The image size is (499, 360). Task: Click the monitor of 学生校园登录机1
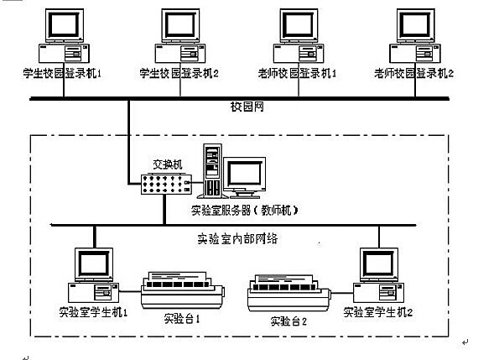pos(65,25)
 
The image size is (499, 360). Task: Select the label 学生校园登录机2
pos(179,74)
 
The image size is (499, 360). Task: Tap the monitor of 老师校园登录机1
pos(299,25)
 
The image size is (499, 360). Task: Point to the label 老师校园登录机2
pos(413,74)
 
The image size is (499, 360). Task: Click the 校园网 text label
pos(247,107)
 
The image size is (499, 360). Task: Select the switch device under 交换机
pos(166,185)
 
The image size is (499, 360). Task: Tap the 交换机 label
pos(168,164)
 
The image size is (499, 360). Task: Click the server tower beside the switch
pos(212,170)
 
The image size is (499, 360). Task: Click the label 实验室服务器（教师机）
pos(245,211)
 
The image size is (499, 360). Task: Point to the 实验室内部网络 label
pos(237,238)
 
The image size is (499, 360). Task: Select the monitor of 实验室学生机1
pos(94,265)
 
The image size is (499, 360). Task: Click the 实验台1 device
pos(183,290)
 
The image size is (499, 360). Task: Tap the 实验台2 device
pos(289,293)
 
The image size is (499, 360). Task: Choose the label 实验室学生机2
pos(378,312)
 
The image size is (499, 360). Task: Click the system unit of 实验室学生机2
pos(379,293)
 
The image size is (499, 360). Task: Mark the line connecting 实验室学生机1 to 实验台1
pos(130,291)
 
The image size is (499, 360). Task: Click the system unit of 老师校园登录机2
pos(415,54)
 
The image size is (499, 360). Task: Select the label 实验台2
pos(288,321)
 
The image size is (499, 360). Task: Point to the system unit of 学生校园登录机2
pos(180,54)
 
